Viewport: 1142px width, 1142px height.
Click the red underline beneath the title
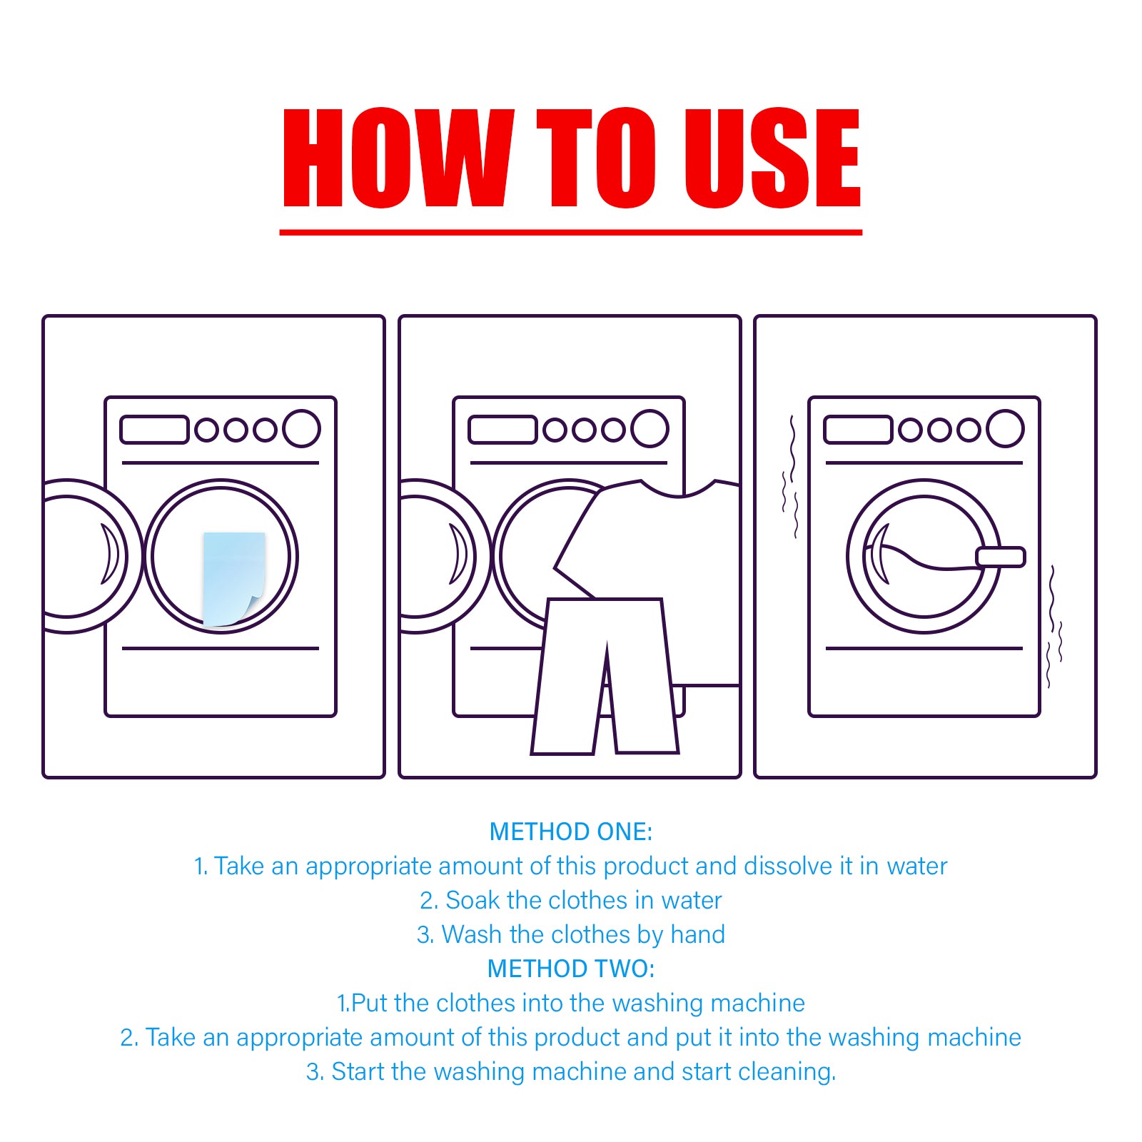[571, 232]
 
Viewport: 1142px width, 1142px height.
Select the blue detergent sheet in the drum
[232, 577]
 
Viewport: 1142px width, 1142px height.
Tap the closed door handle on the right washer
[1001, 557]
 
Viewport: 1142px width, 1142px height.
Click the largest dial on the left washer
[301, 428]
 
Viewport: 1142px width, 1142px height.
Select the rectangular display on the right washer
[858, 430]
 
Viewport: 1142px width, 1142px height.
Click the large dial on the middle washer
[650, 428]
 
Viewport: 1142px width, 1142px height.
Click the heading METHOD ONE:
[571, 832]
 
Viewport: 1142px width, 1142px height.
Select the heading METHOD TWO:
[571, 969]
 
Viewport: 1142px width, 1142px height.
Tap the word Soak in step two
[473, 900]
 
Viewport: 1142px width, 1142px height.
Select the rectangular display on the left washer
[154, 430]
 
